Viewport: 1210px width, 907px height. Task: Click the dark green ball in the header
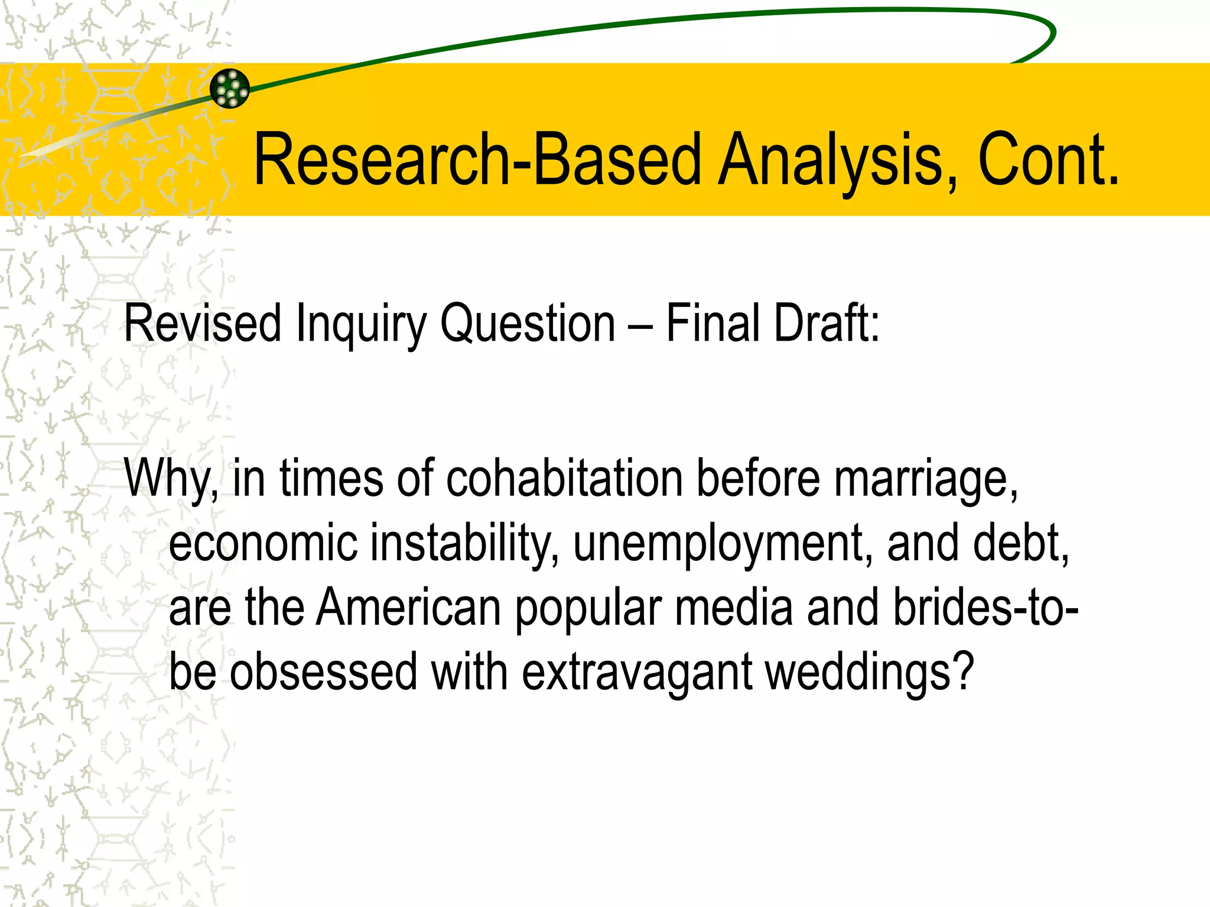(x=230, y=89)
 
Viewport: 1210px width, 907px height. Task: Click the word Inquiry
(x=360, y=324)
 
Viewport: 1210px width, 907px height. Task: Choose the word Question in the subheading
(x=528, y=324)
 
